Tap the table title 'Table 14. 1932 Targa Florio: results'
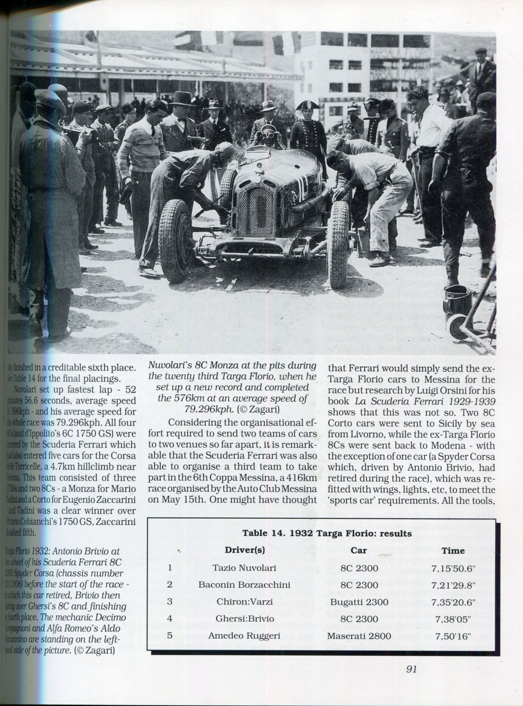[327, 533]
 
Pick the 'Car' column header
[359, 551]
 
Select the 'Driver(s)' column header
[245, 551]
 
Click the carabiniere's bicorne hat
[307, 105]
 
